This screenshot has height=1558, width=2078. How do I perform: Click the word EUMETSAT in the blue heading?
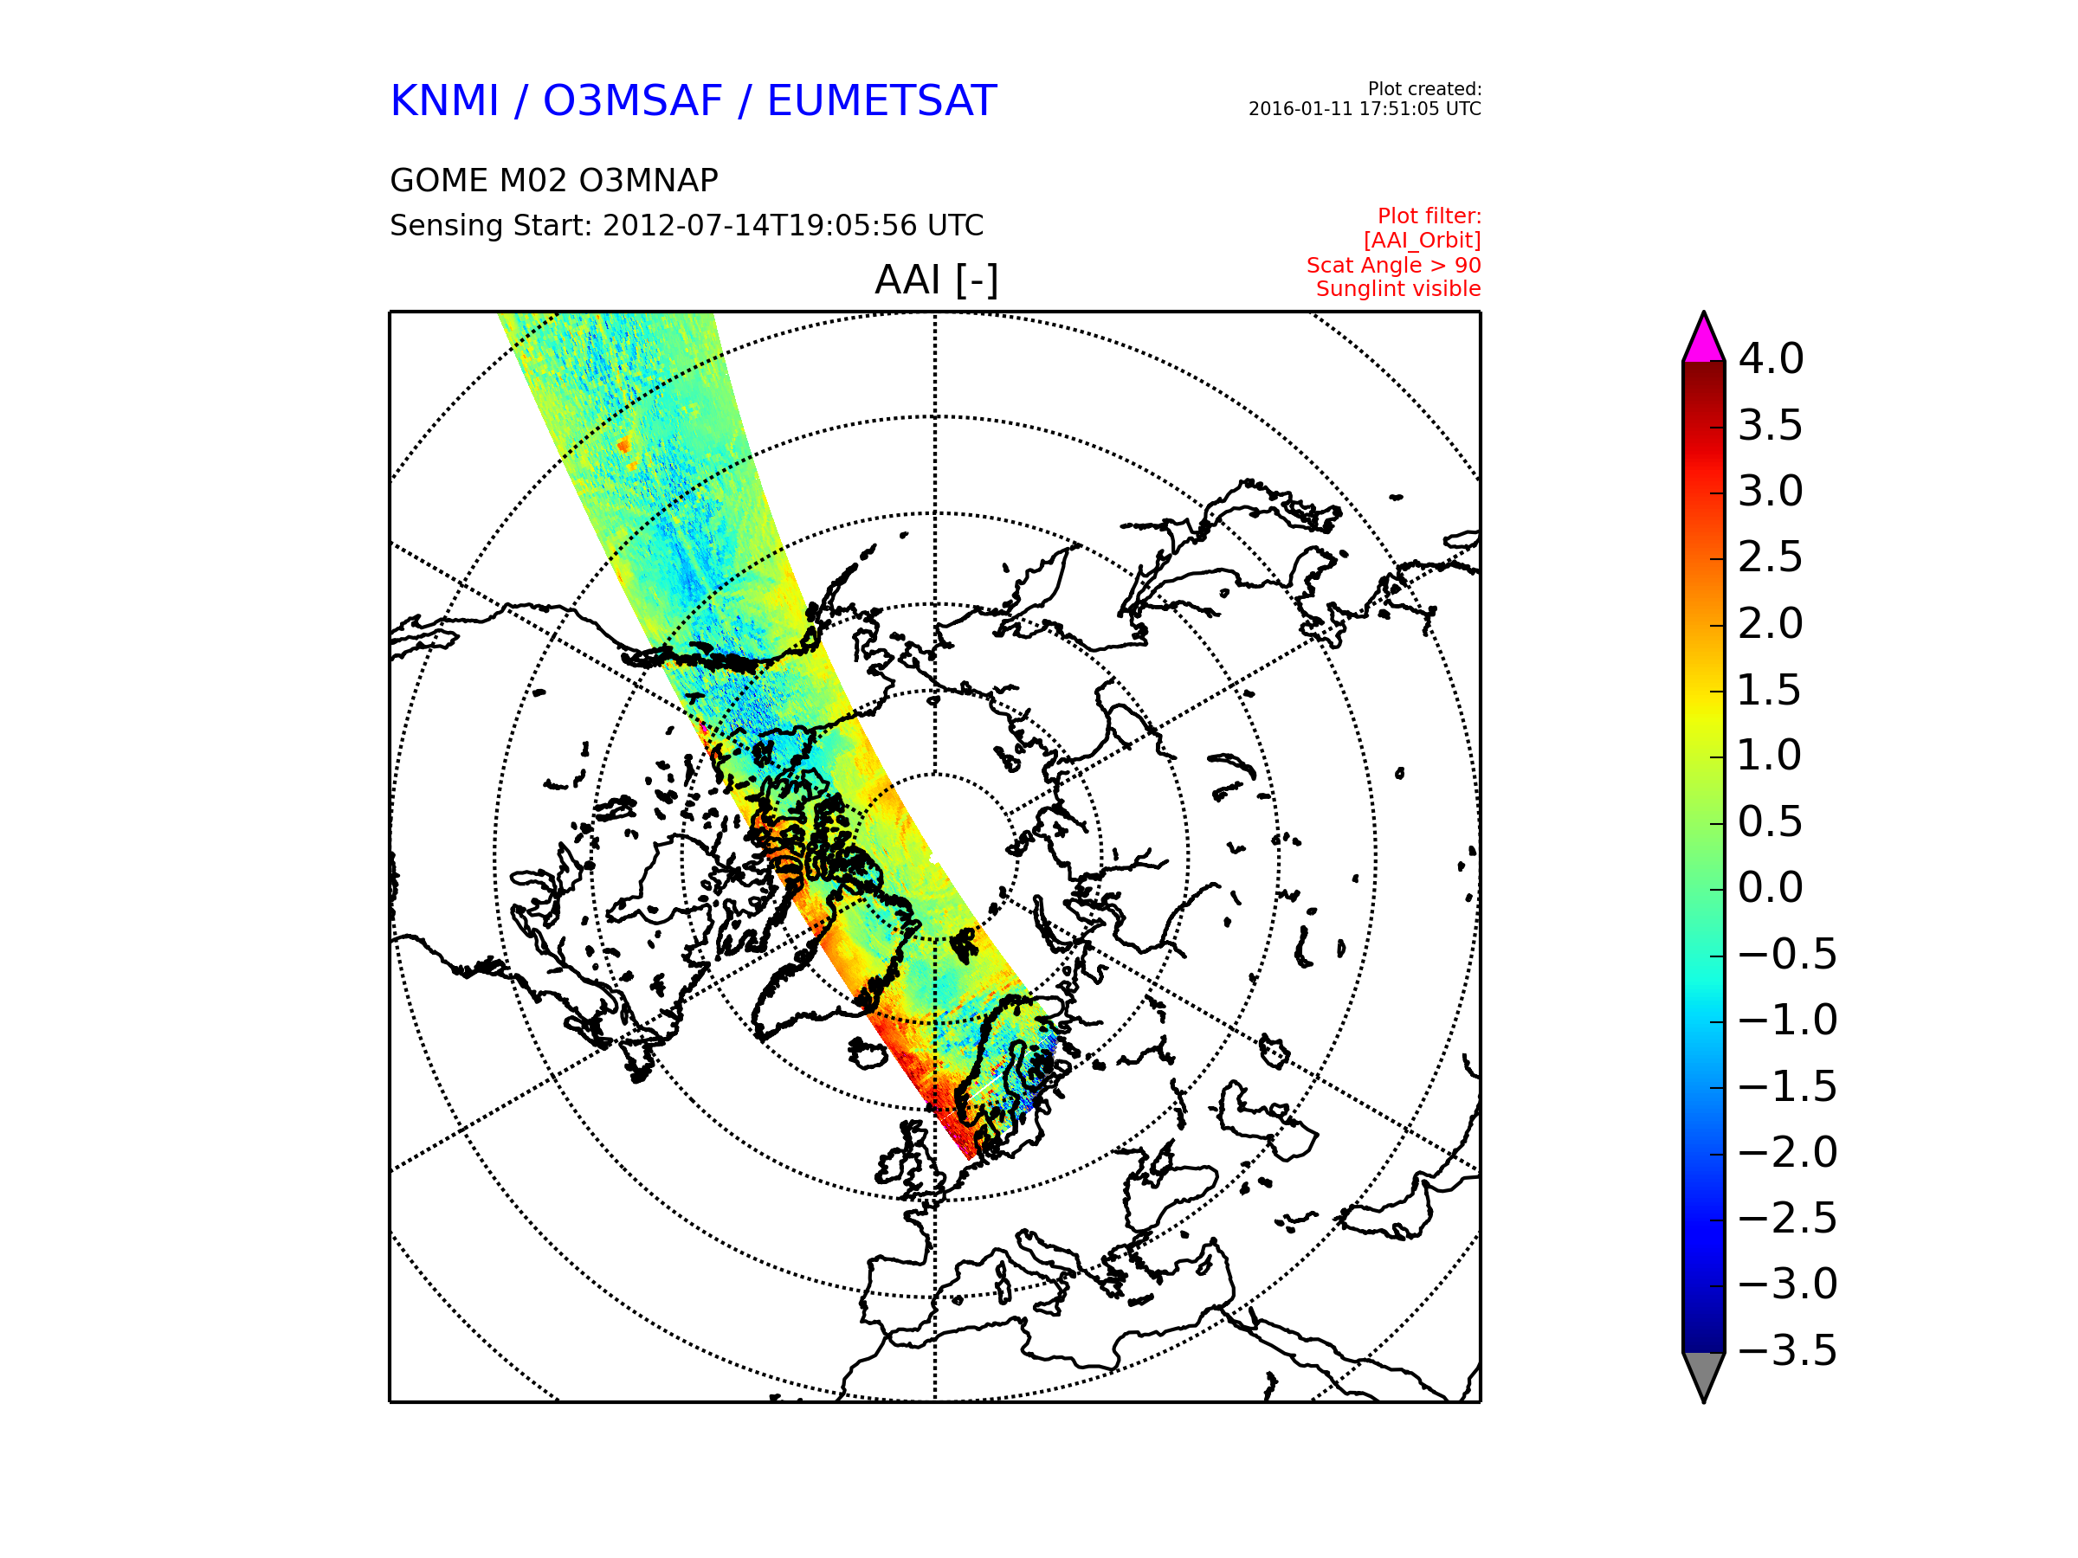tap(881, 100)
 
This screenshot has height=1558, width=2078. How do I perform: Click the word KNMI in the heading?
tap(443, 100)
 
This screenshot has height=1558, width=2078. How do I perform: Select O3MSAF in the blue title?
tap(632, 100)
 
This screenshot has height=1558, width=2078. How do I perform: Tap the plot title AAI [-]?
tap(936, 280)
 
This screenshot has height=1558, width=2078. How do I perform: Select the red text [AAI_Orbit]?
tap(1423, 241)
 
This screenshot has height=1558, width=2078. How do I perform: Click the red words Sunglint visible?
tap(1397, 289)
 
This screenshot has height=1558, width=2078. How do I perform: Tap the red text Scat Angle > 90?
tap(1393, 265)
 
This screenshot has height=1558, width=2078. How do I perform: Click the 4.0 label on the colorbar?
tap(1771, 358)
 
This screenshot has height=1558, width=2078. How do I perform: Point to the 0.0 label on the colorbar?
tap(1771, 887)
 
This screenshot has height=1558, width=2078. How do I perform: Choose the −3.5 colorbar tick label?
tap(1788, 1350)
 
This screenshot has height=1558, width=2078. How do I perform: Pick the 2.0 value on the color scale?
tap(1771, 623)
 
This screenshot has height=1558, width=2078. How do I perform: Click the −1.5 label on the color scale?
tap(1788, 1086)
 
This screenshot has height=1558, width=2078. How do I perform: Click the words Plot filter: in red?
tap(1429, 216)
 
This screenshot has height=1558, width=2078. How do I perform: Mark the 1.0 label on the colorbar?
tap(1769, 755)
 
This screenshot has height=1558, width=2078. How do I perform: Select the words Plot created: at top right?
tap(1424, 89)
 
